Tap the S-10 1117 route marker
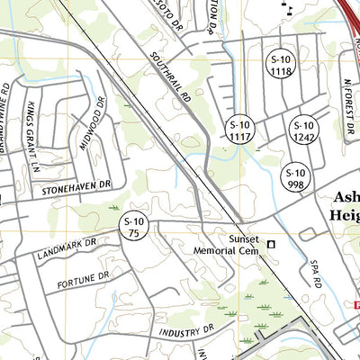[x=240, y=130]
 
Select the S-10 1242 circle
[x=304, y=130]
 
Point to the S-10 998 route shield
[x=296, y=177]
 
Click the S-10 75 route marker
[x=134, y=227]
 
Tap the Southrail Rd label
[x=174, y=73]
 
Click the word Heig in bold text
[x=345, y=216]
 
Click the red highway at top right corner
[x=349, y=18]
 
